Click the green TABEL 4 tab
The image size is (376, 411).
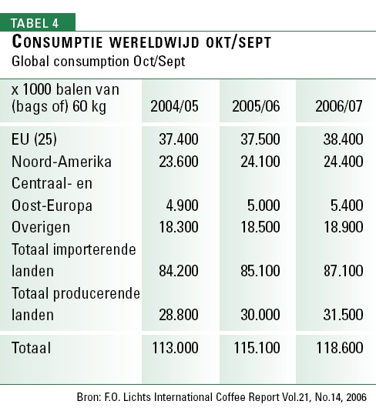coord(38,22)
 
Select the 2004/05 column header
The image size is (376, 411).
coord(174,106)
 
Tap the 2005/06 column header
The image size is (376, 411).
coord(256,106)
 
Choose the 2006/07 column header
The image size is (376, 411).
coord(339,106)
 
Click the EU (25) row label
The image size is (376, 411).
coord(34,139)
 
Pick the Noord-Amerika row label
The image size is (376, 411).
coord(62,162)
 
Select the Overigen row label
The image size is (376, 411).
coord(41,228)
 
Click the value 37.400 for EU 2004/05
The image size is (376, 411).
coord(179,139)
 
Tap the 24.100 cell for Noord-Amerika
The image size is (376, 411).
coord(260,162)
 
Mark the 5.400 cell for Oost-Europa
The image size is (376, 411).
coord(347,205)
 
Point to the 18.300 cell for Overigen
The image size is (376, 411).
coord(179,227)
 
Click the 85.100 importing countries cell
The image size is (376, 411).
coord(260,271)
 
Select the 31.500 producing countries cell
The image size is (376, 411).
coord(343,315)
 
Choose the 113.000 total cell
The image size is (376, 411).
coord(175,348)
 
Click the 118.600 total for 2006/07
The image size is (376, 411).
coord(340,348)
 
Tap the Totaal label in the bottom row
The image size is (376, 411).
coord(32,348)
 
